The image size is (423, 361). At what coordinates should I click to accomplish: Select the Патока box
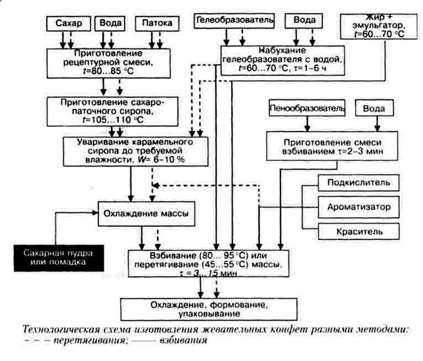coord(154,24)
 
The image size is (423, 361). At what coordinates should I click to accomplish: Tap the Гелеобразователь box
coord(233,20)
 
